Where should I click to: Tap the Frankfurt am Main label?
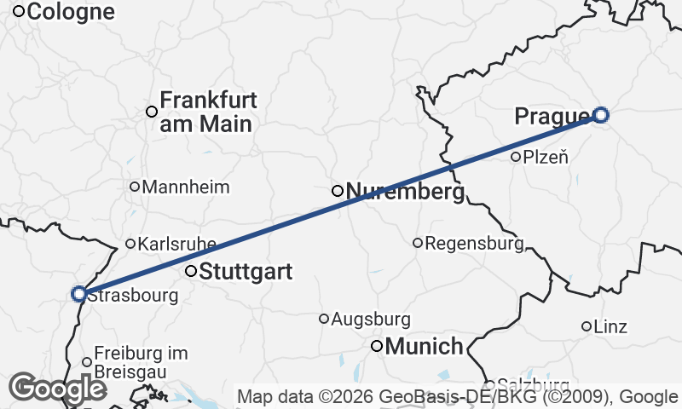208,112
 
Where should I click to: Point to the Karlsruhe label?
176,244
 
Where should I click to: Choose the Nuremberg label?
405,192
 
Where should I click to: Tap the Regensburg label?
473,244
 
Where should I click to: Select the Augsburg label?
370,320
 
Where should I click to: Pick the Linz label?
610,326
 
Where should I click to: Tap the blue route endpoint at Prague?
601,115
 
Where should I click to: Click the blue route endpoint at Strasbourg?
78,294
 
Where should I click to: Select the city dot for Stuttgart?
191,272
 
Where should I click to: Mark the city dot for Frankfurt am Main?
152,112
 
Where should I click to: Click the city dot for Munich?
377,346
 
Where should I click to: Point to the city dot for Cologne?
18,12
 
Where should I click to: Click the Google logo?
57,389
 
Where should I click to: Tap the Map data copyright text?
458,396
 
